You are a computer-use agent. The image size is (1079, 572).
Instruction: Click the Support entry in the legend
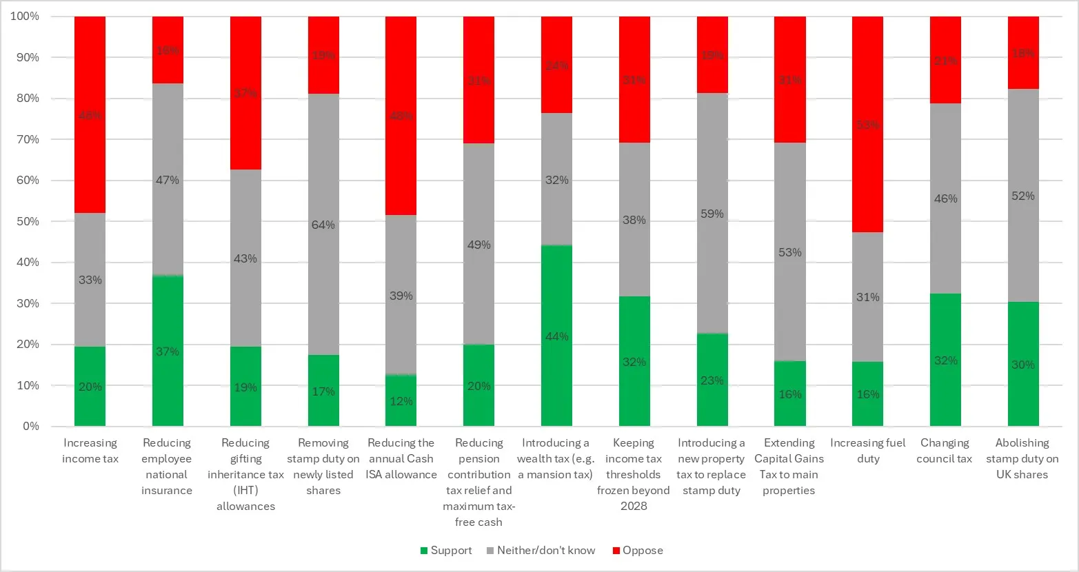[446, 551]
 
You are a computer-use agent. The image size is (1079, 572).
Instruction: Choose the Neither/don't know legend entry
[541, 551]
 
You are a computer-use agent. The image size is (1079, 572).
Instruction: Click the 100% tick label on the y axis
[25, 16]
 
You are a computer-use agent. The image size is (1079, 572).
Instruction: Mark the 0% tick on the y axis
[31, 426]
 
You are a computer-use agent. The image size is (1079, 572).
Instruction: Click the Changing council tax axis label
[944, 451]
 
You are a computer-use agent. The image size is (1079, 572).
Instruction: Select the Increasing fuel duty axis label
[867, 451]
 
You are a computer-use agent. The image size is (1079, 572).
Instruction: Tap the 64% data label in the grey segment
[323, 225]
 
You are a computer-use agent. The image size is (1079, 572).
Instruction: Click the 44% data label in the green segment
[556, 336]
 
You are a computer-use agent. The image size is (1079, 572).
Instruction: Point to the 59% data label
[712, 214]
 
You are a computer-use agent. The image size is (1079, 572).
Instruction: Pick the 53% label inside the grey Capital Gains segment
[789, 252]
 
